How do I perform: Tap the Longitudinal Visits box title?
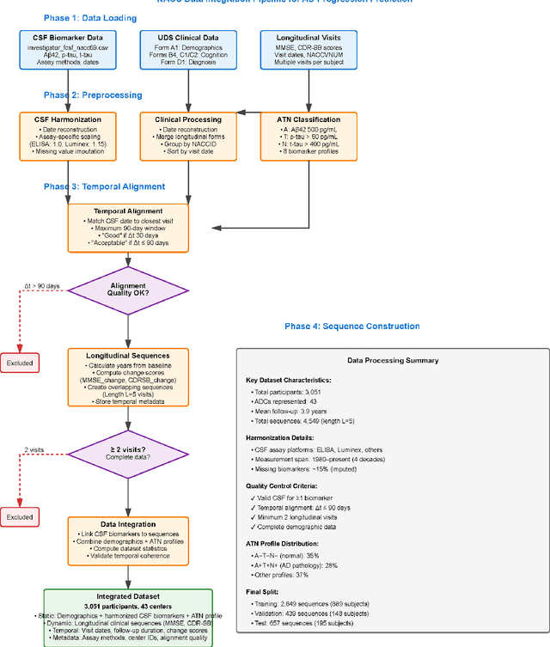click(x=309, y=39)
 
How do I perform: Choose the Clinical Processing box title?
click(x=188, y=120)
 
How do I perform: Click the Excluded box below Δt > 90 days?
click(x=21, y=363)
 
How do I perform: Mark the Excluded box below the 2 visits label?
click(x=21, y=518)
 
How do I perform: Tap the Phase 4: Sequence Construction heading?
click(x=352, y=327)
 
